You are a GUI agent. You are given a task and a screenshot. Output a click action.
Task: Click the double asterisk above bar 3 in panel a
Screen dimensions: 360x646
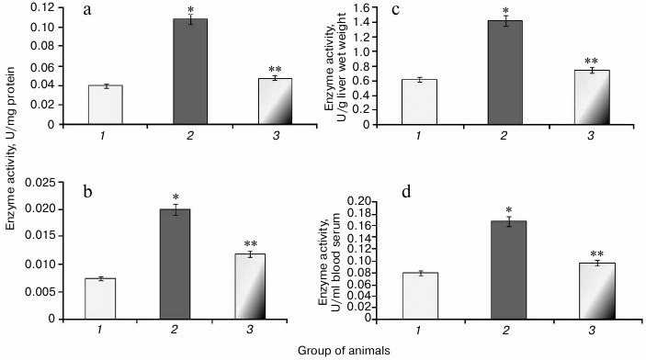[x=276, y=69]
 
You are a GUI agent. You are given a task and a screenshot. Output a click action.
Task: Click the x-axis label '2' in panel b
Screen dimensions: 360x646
[x=190, y=331]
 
